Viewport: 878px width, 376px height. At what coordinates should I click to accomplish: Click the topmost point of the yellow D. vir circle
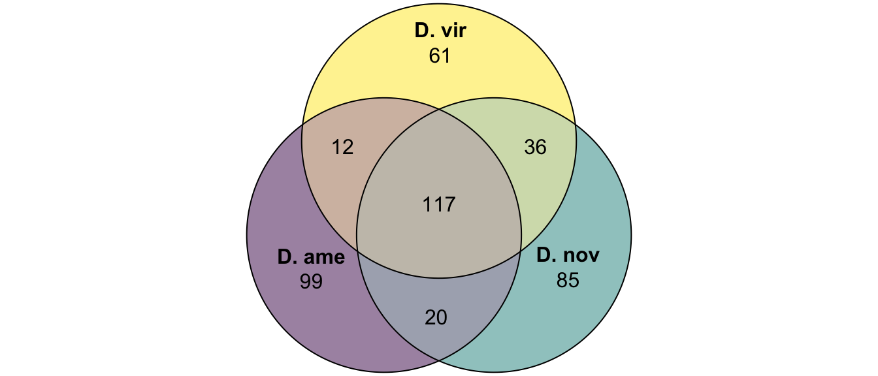pos(439,4)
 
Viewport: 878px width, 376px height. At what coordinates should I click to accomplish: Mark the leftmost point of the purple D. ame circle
pos(247,235)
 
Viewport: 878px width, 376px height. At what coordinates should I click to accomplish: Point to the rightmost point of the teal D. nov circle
pos(631,235)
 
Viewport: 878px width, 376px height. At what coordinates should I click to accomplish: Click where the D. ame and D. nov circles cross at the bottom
pos(439,360)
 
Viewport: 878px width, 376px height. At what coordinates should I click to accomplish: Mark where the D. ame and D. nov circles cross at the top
pos(439,110)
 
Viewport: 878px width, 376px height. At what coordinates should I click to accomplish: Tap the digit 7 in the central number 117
pos(450,204)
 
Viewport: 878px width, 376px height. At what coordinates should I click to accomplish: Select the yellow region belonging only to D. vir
pos(439,59)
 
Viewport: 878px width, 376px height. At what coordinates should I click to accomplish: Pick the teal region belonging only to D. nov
pos(576,282)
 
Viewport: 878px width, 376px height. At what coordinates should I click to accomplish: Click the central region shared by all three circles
pos(439,196)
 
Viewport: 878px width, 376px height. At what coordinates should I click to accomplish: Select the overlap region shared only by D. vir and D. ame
pos(341,164)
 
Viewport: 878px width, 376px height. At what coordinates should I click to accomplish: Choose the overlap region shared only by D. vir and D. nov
pos(537,164)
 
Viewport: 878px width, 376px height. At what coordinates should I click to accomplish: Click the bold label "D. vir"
pos(440,31)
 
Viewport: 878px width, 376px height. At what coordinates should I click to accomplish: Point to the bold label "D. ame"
pos(311,257)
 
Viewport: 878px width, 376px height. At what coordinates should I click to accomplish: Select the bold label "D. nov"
pos(568,255)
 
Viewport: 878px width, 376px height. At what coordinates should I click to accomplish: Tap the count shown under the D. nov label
pos(568,281)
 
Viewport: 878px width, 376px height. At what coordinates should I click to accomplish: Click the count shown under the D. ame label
pos(311,281)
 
